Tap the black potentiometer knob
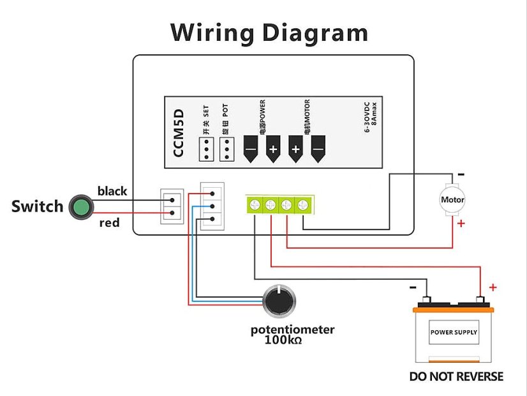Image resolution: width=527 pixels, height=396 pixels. [279, 299]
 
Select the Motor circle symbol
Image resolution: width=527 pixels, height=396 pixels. [453, 200]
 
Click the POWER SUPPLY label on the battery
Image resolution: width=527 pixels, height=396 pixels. [454, 333]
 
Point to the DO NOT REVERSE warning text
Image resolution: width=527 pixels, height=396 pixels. [456, 376]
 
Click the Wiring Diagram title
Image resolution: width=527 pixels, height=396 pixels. [269, 33]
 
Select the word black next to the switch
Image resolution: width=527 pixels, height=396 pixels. [112, 191]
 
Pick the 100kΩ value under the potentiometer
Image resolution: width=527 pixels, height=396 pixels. [283, 341]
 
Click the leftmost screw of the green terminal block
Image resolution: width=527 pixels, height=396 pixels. [255, 204]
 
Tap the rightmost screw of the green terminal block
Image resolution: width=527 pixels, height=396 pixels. [303, 204]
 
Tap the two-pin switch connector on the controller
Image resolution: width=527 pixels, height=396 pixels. [172, 206]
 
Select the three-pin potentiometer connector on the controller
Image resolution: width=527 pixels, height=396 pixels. [212, 206]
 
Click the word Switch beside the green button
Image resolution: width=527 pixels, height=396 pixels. [38, 206]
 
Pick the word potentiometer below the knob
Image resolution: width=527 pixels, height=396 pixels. [292, 330]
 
